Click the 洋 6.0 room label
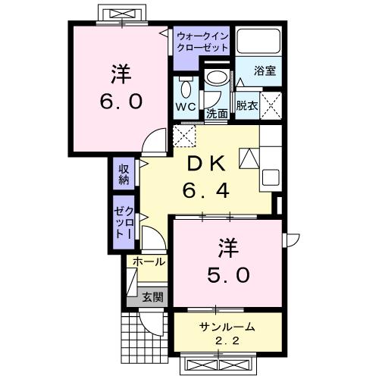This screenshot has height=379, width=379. click(120, 88)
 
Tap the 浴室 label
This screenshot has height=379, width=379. click(265, 70)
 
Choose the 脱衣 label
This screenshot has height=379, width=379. click(246, 105)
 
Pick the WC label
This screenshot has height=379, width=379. click(186, 106)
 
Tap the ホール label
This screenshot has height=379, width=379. click(149, 262)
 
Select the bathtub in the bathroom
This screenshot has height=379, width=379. click(258, 42)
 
